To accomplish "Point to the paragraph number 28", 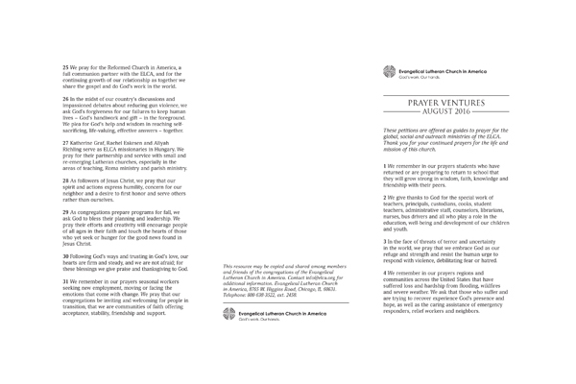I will (66, 180).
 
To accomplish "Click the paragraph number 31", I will (66, 282).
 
